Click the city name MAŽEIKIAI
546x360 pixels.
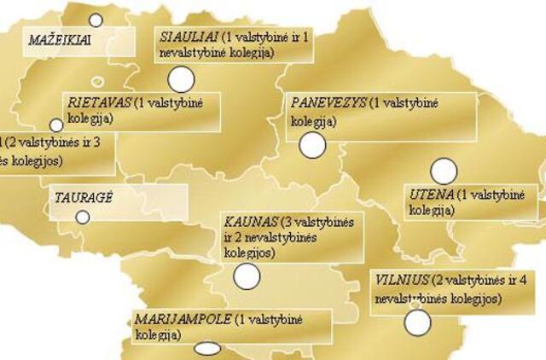click(60, 39)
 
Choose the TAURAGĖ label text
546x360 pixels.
click(84, 196)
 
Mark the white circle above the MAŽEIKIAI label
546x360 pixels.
click(96, 20)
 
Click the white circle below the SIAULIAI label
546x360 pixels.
click(181, 79)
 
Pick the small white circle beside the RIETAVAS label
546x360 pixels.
click(56, 125)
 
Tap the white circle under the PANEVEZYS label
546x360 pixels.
click(312, 145)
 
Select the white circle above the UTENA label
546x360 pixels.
click(444, 171)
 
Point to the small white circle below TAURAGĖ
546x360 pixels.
click(83, 217)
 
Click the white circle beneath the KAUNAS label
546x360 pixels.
click(247, 276)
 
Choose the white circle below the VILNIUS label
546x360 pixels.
click(417, 322)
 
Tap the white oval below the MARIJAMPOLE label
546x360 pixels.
click(206, 348)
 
